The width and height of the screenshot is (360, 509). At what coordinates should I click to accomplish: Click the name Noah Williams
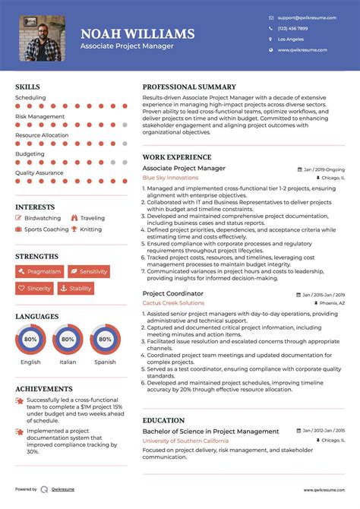click(137, 34)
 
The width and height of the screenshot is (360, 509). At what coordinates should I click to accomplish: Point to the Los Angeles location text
click(291, 39)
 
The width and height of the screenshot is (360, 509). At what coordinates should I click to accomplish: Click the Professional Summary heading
click(189, 87)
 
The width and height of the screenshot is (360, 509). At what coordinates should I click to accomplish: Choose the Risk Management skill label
click(39, 116)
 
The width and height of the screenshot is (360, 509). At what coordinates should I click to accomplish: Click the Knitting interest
click(90, 229)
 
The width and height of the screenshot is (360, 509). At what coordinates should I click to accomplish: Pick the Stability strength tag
click(76, 289)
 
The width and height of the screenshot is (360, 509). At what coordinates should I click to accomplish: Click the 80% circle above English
click(31, 339)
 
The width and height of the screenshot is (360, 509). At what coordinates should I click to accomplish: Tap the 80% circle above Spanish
click(105, 339)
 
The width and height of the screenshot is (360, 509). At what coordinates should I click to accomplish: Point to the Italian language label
click(68, 362)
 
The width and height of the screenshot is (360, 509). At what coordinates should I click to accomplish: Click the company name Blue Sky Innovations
click(170, 178)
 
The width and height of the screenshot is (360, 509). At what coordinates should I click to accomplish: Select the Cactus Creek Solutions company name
click(173, 303)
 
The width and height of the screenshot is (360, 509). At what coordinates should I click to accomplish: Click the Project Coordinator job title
click(172, 293)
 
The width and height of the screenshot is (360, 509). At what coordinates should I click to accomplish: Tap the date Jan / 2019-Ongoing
click(324, 169)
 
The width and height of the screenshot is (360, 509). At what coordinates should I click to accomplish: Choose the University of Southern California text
click(184, 441)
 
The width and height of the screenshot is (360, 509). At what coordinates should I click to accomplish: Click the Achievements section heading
click(44, 388)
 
